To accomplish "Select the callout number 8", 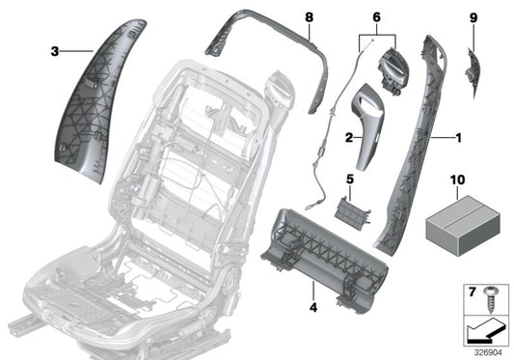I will point(309,17).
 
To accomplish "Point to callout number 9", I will point(473,17).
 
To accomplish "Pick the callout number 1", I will point(458,137).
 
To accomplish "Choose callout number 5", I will point(350,180).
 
